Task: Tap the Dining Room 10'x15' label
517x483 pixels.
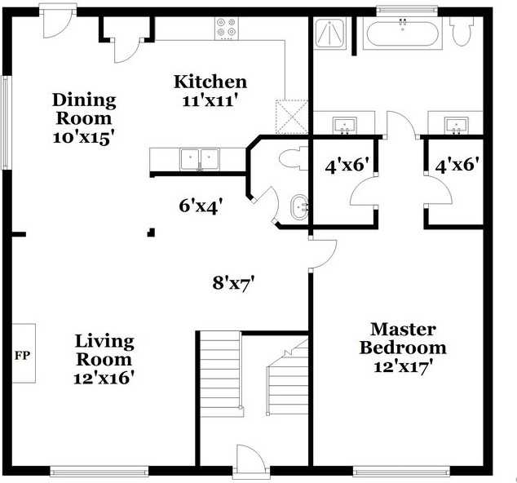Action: click(x=84, y=118)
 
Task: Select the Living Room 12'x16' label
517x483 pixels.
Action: click(x=104, y=359)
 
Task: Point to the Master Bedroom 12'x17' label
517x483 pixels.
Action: click(x=404, y=348)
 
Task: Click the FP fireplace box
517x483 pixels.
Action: click(x=22, y=355)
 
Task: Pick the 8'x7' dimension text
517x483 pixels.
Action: click(x=234, y=283)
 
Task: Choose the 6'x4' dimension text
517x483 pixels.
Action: click(x=201, y=206)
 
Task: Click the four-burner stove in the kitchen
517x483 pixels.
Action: click(x=227, y=28)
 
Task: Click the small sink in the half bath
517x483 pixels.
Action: click(x=299, y=208)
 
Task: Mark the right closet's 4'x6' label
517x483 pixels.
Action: click(x=456, y=166)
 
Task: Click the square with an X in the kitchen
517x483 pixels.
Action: click(x=291, y=116)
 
